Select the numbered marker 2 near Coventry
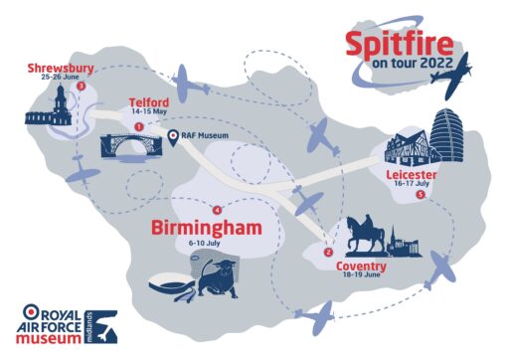328,252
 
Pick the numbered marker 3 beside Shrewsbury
81,86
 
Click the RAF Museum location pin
173,136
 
